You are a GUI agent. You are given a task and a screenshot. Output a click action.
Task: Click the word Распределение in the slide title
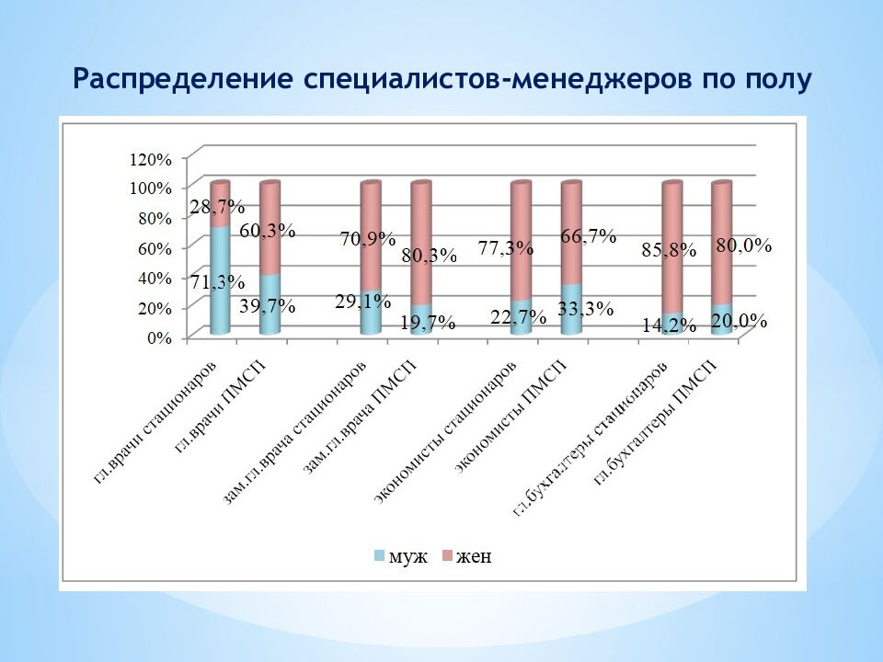click(182, 80)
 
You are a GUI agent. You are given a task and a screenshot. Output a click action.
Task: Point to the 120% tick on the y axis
click(151, 158)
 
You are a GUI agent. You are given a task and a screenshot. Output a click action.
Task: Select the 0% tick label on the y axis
click(159, 337)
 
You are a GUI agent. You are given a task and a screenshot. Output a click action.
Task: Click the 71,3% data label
click(218, 282)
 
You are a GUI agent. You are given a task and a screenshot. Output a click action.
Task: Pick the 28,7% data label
click(217, 206)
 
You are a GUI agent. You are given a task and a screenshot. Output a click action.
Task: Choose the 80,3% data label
click(429, 256)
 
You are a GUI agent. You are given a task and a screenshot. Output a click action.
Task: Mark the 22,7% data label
click(519, 316)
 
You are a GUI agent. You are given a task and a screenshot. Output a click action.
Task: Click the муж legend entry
click(401, 556)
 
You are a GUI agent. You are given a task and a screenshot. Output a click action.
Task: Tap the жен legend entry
click(466, 556)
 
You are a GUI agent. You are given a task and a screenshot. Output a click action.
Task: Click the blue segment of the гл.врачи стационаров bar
click(219, 303)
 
